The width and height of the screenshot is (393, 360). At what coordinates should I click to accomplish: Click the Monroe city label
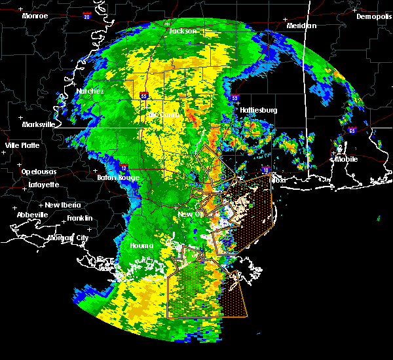pos(35,15)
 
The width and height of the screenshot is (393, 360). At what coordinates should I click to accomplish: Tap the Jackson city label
pos(183,31)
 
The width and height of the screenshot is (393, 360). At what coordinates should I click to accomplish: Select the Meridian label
pos(301,26)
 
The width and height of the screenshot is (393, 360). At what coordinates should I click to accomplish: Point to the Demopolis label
pos(373,16)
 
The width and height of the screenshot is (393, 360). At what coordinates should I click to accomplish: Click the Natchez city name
pos(90,91)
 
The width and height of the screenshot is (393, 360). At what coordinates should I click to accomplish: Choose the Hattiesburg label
pos(259,110)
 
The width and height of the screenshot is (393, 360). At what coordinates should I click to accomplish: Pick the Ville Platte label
pos(22,145)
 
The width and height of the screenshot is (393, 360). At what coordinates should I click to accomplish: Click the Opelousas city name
pos(39,171)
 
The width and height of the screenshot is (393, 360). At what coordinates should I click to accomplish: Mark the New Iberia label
pos(60,205)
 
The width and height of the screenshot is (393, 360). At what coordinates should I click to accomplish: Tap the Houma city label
pos(141,245)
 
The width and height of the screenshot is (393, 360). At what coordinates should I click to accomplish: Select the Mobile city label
pos(346,159)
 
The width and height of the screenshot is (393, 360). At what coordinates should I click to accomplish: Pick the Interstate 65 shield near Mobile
pos(352,130)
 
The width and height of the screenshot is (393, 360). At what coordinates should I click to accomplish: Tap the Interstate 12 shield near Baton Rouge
pos(124,168)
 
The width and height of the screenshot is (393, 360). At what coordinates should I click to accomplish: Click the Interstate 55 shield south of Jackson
pos(144,96)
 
